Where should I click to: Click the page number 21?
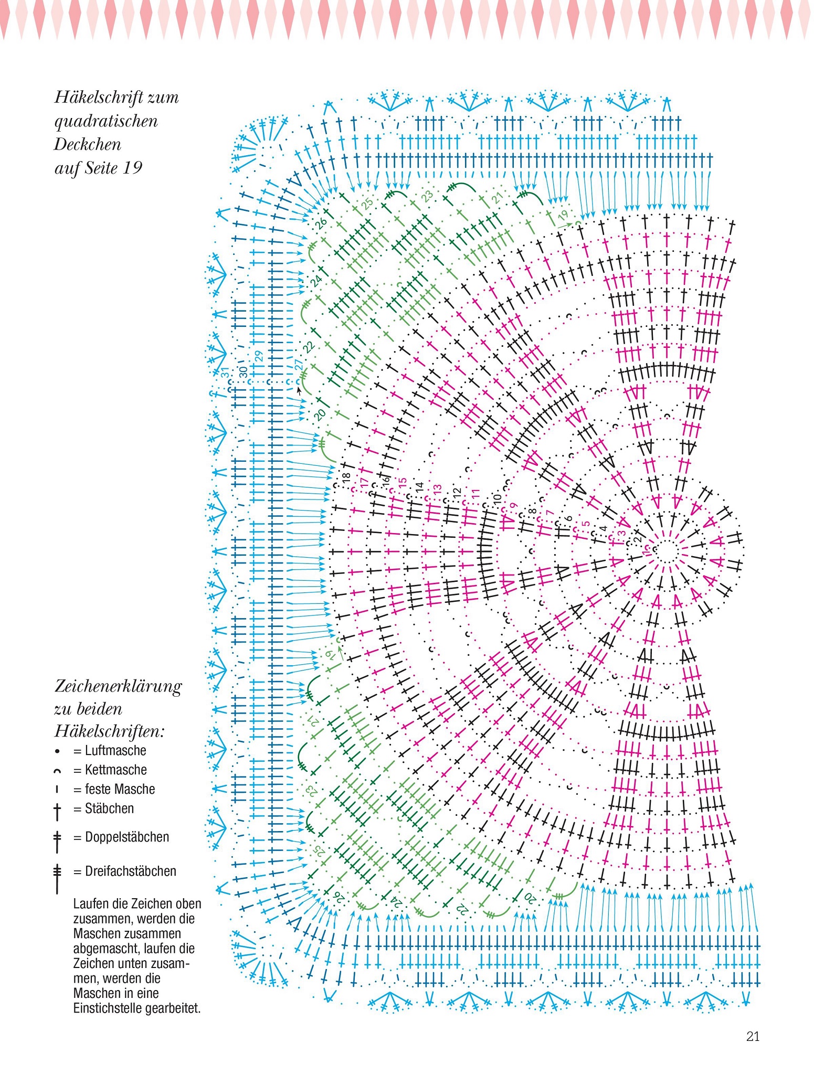pyautogui.click(x=753, y=1036)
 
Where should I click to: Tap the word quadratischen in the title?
pyautogui.click(x=106, y=121)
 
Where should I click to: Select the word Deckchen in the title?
pyautogui.click(x=88, y=144)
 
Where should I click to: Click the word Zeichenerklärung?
pyautogui.click(x=118, y=687)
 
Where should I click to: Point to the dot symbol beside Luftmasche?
pyautogui.click(x=57, y=751)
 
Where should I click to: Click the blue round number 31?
pyautogui.click(x=225, y=373)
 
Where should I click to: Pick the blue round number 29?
pyautogui.click(x=258, y=356)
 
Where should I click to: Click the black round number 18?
pyautogui.click(x=345, y=478)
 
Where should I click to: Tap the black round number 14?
pyautogui.click(x=419, y=487)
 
